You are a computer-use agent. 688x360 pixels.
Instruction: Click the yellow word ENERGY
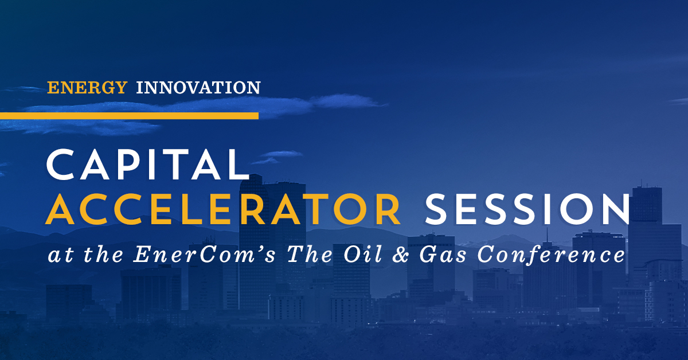click(x=87, y=88)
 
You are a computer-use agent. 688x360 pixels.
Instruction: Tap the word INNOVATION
click(x=198, y=88)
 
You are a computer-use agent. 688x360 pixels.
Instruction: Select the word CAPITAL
click(x=148, y=165)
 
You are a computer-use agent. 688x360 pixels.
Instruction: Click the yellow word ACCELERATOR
click(x=223, y=209)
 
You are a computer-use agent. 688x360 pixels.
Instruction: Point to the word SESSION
click(x=527, y=209)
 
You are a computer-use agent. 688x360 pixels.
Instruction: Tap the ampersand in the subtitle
click(x=401, y=255)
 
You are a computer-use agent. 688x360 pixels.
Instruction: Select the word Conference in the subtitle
click(x=552, y=255)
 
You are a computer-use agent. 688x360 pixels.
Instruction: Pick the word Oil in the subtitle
click(x=363, y=255)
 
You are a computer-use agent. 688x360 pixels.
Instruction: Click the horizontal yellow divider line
click(x=130, y=116)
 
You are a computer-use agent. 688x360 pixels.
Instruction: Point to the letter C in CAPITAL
click(x=61, y=165)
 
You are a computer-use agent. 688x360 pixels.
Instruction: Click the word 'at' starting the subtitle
click(x=61, y=256)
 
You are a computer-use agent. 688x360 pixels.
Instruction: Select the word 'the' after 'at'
click(x=104, y=255)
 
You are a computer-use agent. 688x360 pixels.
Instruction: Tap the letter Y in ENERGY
click(x=120, y=88)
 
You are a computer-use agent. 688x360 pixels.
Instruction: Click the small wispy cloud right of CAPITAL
click(x=278, y=156)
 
